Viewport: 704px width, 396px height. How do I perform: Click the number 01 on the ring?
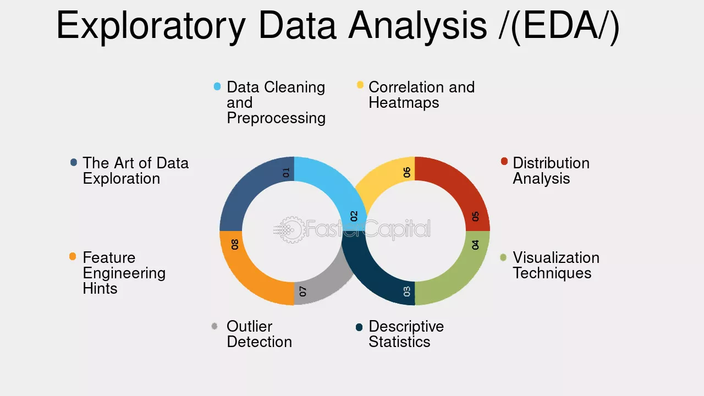(286, 173)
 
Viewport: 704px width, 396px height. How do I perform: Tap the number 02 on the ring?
(354, 216)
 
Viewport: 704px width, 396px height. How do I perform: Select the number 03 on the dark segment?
(407, 291)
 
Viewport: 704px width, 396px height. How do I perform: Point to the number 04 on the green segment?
(476, 245)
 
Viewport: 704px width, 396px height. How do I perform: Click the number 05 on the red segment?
(476, 216)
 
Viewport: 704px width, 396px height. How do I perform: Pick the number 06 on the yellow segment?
(407, 172)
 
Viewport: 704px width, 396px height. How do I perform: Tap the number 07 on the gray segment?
(302, 291)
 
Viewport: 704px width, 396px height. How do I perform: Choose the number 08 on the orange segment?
(235, 244)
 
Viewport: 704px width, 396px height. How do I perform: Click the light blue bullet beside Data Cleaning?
(217, 86)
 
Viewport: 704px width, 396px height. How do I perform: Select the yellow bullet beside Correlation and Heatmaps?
(360, 85)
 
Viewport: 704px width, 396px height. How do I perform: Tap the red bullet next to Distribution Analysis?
(504, 161)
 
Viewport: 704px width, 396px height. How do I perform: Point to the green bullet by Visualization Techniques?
(503, 257)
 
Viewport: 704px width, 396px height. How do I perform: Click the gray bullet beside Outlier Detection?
(215, 326)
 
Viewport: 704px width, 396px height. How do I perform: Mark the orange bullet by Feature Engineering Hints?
(73, 256)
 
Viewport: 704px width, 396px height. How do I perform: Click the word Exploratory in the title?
(151, 26)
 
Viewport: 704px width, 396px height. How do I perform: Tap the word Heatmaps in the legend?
(404, 103)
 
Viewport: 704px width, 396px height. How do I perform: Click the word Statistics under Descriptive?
(399, 342)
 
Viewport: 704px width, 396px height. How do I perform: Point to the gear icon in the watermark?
(292, 230)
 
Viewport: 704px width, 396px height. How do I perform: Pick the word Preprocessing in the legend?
(276, 119)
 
